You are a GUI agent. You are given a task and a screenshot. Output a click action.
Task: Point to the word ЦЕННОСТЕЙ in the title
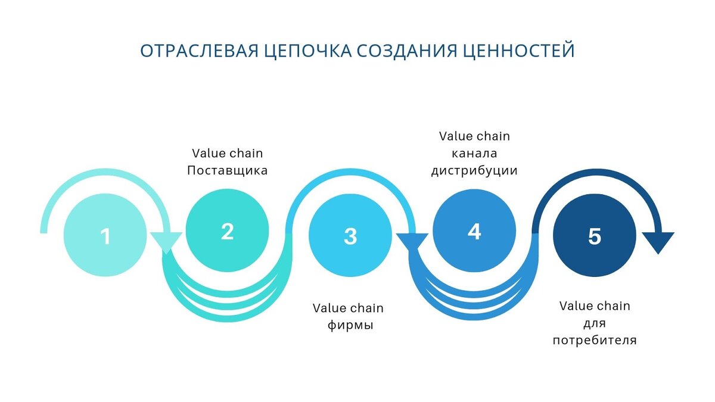click(x=519, y=51)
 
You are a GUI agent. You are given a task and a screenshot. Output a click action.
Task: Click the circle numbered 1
click(x=104, y=235)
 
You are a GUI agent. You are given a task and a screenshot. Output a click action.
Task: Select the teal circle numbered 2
click(x=227, y=231)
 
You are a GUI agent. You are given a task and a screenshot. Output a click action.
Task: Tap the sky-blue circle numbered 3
click(x=350, y=235)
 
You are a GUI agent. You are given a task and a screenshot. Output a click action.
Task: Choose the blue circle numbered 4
click(x=474, y=231)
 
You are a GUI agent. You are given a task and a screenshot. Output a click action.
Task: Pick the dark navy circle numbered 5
click(x=594, y=235)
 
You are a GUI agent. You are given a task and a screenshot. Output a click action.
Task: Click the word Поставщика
click(x=227, y=170)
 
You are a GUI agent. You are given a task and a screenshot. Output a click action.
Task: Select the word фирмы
click(x=351, y=326)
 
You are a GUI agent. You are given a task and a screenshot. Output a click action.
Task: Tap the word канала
click(x=474, y=153)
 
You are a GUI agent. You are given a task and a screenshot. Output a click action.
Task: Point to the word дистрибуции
click(x=474, y=170)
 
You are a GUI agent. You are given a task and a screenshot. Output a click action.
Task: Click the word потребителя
click(x=594, y=341)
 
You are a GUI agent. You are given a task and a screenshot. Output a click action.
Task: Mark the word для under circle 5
click(x=594, y=323)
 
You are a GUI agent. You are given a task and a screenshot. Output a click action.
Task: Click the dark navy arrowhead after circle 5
click(x=658, y=241)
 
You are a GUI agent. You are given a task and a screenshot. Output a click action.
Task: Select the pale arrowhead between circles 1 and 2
click(x=166, y=241)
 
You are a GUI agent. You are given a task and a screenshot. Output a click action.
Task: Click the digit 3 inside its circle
click(x=350, y=236)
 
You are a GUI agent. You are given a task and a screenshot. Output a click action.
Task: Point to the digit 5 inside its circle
click(x=595, y=236)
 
